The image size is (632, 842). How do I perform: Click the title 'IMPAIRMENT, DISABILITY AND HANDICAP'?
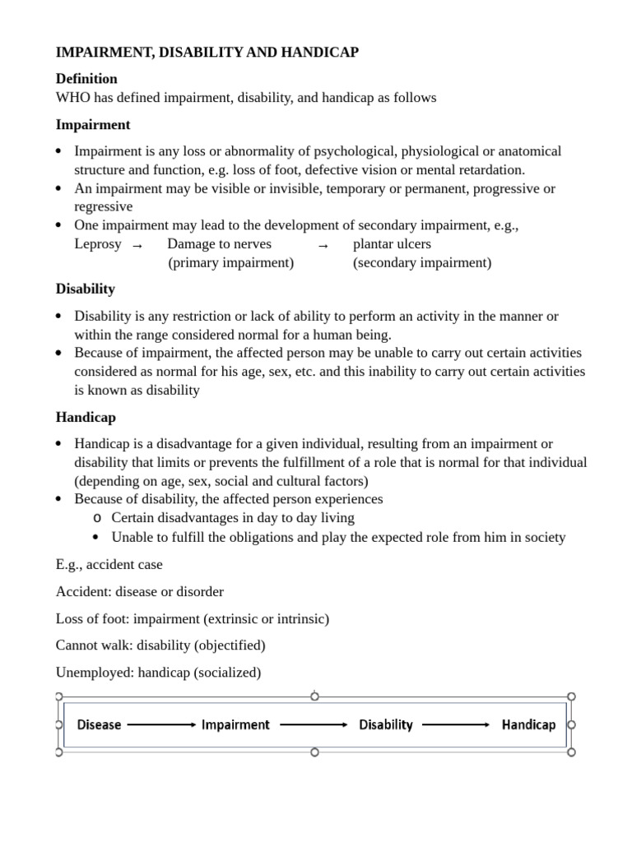(x=207, y=53)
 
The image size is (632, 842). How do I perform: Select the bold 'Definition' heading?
(x=86, y=79)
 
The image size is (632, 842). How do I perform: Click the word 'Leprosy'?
(x=97, y=244)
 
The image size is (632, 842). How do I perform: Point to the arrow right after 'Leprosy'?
(x=137, y=245)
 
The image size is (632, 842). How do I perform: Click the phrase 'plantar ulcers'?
(x=392, y=244)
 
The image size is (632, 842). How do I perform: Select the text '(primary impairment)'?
(x=230, y=263)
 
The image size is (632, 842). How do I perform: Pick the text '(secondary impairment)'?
(x=422, y=263)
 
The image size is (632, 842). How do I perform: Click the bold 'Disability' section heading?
(x=86, y=289)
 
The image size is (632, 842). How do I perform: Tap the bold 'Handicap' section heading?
(x=86, y=418)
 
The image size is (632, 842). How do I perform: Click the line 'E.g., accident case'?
(x=109, y=565)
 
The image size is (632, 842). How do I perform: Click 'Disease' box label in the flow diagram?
(x=99, y=724)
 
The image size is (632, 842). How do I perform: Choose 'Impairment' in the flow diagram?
(x=235, y=724)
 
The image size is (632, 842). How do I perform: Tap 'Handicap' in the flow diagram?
(x=528, y=724)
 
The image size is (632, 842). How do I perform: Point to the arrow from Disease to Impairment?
(x=161, y=724)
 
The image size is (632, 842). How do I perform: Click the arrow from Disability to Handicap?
(x=456, y=724)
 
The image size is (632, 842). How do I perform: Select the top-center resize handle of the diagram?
(x=314, y=696)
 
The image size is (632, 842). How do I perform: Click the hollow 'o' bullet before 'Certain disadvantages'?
(x=97, y=518)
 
